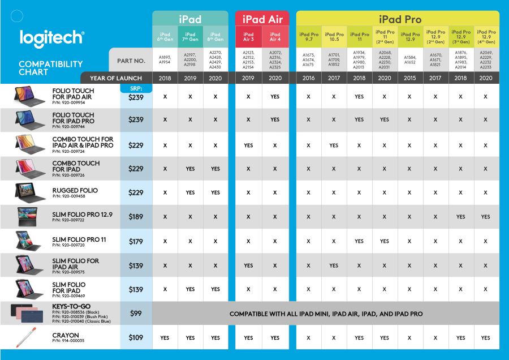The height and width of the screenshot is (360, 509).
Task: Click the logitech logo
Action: [x=51, y=37]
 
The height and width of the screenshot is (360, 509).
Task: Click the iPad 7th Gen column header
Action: [x=190, y=37]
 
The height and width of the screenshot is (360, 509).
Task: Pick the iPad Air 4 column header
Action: [x=275, y=37]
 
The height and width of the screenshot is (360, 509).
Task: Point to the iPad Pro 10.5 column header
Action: [x=334, y=37]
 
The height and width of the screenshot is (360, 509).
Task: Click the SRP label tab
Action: [x=136, y=88]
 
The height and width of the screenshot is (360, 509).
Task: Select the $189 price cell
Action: [x=136, y=217]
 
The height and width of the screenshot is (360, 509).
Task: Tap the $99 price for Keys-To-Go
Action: [x=136, y=313]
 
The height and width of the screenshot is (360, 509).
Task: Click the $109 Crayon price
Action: [x=136, y=338]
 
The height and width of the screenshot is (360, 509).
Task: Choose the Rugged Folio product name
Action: [x=75, y=191]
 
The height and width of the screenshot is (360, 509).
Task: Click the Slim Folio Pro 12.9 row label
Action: [x=82, y=215]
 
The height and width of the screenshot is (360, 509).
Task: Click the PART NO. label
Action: [x=131, y=61]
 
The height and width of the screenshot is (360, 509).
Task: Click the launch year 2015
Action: [x=410, y=78]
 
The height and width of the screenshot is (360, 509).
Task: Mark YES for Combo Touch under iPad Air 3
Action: [x=248, y=145]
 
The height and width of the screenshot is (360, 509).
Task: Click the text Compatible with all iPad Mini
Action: [x=326, y=314]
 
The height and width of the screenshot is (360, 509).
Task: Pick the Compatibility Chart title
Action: [x=50, y=68]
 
